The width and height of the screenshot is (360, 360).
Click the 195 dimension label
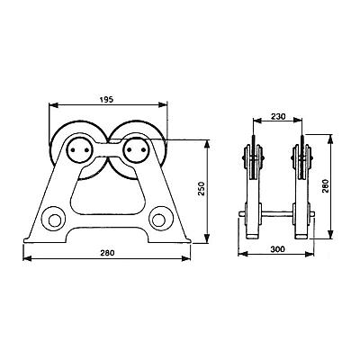tap(107, 99)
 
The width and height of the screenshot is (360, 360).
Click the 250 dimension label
tap(202, 189)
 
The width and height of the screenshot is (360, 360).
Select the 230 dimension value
tap(278, 116)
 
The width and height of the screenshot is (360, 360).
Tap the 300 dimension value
tap(277, 249)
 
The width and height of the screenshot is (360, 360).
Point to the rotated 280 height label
tap(326, 186)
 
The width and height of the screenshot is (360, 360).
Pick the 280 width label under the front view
tap(107, 253)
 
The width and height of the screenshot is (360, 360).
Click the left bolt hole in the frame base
tap(54, 220)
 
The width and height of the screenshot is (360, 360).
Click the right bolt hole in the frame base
tap(158, 220)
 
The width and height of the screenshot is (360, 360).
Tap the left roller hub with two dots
tap(79, 150)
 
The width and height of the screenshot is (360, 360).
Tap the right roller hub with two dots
tap(136, 150)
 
